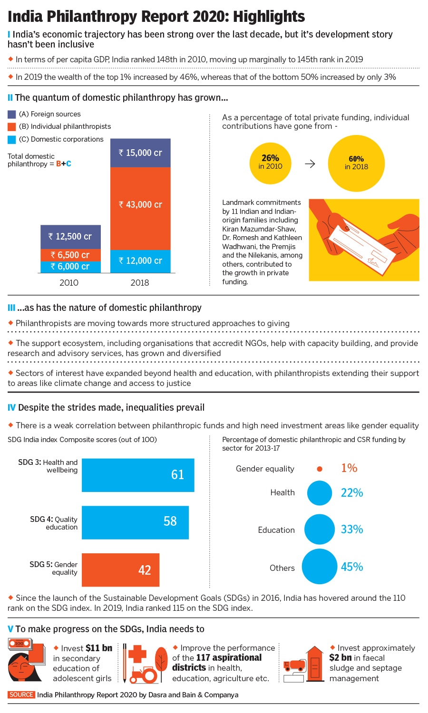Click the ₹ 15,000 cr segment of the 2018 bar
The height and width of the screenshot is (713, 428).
[x=140, y=153]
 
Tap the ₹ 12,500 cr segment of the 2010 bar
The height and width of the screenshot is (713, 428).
[x=70, y=237]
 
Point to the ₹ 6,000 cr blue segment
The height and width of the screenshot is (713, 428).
[x=70, y=267]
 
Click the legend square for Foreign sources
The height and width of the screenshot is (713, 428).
[x=12, y=115]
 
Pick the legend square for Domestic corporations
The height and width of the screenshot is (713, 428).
[x=12, y=140]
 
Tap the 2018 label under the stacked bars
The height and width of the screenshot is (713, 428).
[x=140, y=283]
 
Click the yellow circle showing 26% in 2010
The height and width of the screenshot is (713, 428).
[x=270, y=163]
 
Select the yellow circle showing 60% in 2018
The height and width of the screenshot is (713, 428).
[x=356, y=163]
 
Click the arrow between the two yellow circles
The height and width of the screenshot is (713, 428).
[x=310, y=164]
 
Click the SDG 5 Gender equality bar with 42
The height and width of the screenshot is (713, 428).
[x=120, y=570]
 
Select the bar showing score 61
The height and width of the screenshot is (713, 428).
[x=138, y=475]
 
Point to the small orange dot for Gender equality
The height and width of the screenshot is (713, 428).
[x=320, y=469]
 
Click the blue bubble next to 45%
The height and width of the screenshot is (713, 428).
[x=319, y=567]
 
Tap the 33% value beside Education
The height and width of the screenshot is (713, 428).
[x=352, y=530]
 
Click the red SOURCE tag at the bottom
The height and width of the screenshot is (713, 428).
[x=21, y=695]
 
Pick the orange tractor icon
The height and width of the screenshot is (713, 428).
[x=143, y=674]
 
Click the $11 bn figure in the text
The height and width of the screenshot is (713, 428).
[x=99, y=648]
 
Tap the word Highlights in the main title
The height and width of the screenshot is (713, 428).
[x=269, y=17]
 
